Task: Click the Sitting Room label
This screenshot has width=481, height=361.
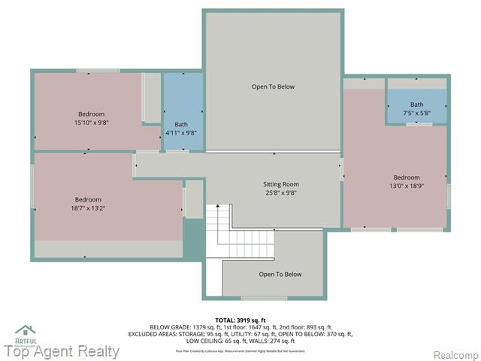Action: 281,184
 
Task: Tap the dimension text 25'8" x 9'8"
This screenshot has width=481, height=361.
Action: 281,193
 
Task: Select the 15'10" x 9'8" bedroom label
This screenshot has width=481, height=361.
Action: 91,123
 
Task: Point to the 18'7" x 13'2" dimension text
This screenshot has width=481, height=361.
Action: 88,208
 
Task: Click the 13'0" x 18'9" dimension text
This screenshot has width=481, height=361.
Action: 407,187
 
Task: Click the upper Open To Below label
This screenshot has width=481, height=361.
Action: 273,86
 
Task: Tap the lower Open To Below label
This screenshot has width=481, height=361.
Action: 280,275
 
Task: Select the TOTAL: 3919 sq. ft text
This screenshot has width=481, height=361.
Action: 240,320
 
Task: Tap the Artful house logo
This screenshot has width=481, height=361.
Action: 26,332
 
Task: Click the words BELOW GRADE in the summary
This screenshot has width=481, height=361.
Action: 169,327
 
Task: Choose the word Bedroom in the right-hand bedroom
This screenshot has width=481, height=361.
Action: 407,177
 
